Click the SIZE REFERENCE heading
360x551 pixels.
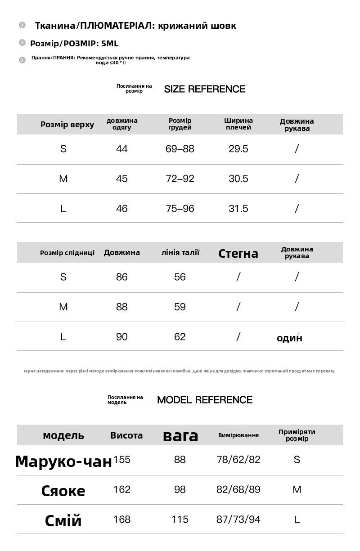[x=205, y=89]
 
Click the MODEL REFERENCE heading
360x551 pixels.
[x=205, y=400]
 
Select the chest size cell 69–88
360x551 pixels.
[x=180, y=149]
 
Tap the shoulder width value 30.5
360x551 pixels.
[x=238, y=179]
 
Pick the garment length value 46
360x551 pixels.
[x=122, y=208]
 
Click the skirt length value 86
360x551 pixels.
[x=122, y=277]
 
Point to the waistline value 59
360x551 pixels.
[x=180, y=307]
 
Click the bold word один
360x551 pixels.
[x=289, y=338]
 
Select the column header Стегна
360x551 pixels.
[x=238, y=254]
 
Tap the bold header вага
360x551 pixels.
[x=180, y=435]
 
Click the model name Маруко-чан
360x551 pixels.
[x=63, y=461]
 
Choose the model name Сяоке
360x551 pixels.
[x=63, y=491]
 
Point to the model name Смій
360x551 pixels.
[x=63, y=520]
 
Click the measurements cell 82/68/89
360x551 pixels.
[x=238, y=489]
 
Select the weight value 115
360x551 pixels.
[x=180, y=520]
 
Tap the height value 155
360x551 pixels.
[x=122, y=460]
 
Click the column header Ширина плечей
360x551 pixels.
[x=238, y=124]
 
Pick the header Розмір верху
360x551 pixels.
[x=67, y=125]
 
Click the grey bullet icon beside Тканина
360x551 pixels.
[x=22, y=25]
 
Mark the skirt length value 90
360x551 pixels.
[x=122, y=336]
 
